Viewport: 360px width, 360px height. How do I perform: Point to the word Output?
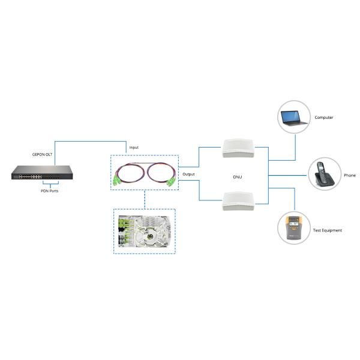click(x=188, y=174)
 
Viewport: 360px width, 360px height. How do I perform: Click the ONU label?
click(x=237, y=177)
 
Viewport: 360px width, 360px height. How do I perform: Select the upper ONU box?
click(x=238, y=148)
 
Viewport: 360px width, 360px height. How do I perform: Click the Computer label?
click(x=324, y=118)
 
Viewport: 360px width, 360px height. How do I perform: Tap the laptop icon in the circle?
click(x=295, y=117)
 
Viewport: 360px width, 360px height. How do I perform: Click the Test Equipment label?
click(x=328, y=230)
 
